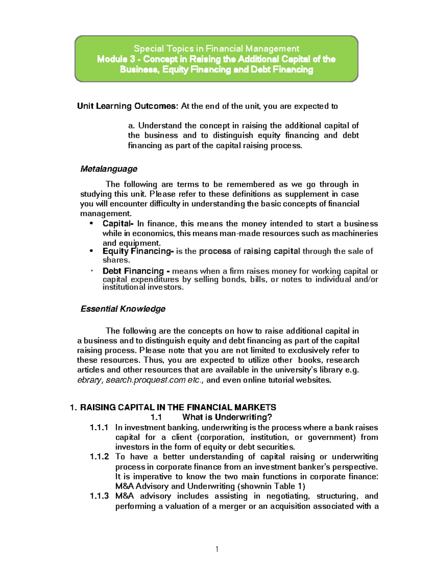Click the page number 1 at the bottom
tap(217, 549)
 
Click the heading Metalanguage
tap(109, 169)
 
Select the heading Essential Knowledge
tap(123, 309)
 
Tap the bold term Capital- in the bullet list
tap(118, 224)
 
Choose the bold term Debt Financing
tap(133, 271)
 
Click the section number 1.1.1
tap(99, 428)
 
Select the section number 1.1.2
tap(99, 457)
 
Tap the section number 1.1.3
tap(99, 496)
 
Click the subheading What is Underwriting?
tap(227, 417)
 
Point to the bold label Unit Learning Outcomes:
tap(128, 106)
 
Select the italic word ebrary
tap(90, 380)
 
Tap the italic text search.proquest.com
tap(146, 380)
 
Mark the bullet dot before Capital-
tap(92, 224)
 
